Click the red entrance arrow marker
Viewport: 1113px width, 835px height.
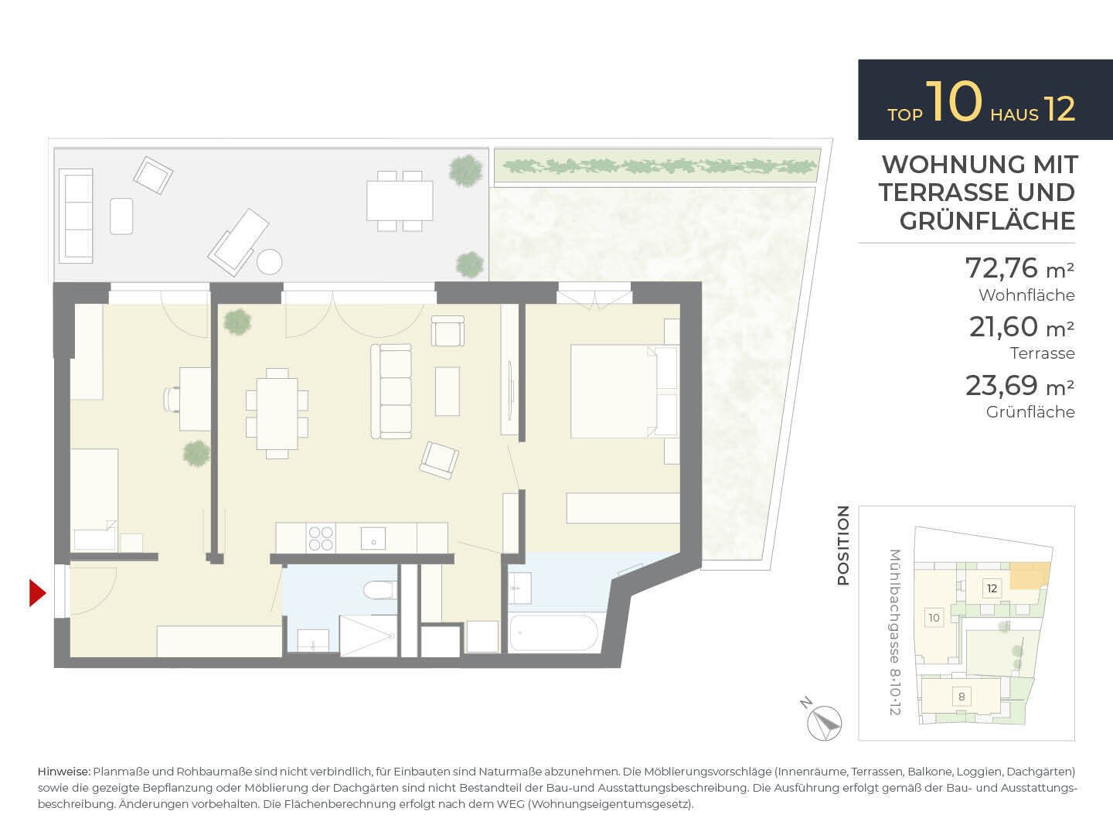click(x=37, y=593)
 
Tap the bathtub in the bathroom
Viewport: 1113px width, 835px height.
click(x=553, y=632)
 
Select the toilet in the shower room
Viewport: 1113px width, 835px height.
click(x=380, y=590)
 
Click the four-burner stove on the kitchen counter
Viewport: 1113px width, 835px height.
click(x=321, y=538)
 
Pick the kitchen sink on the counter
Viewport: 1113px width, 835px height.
click(x=373, y=538)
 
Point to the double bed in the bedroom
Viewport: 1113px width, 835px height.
click(x=625, y=390)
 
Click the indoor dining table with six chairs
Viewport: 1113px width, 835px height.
click(x=277, y=413)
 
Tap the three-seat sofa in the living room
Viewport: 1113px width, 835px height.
click(x=391, y=391)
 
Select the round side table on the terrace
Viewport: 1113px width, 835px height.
click(x=269, y=262)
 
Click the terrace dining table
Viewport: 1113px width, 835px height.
click(x=400, y=200)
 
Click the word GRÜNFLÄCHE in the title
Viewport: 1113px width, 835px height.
click(x=987, y=221)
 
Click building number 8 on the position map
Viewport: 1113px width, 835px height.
click(x=962, y=697)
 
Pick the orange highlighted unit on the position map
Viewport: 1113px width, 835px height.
click(x=1030, y=576)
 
